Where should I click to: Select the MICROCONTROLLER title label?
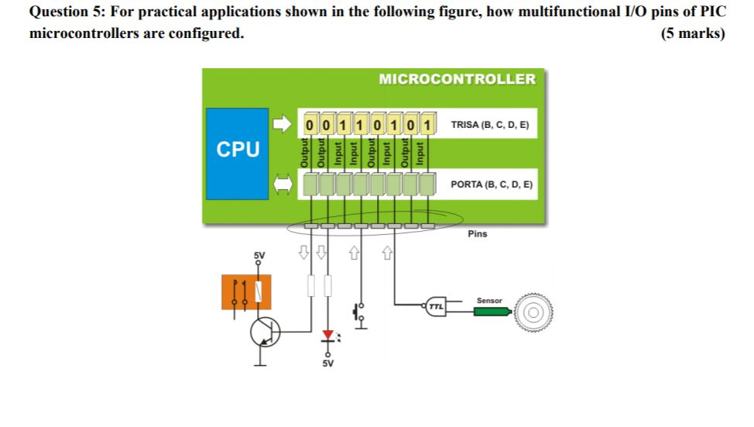(457, 79)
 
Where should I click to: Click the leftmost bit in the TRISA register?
(310, 124)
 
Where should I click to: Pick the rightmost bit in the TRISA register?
(427, 124)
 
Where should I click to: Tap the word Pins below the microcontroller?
(478, 233)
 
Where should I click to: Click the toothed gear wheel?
(533, 312)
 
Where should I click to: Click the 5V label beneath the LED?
(327, 363)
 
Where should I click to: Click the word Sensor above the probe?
(488, 300)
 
